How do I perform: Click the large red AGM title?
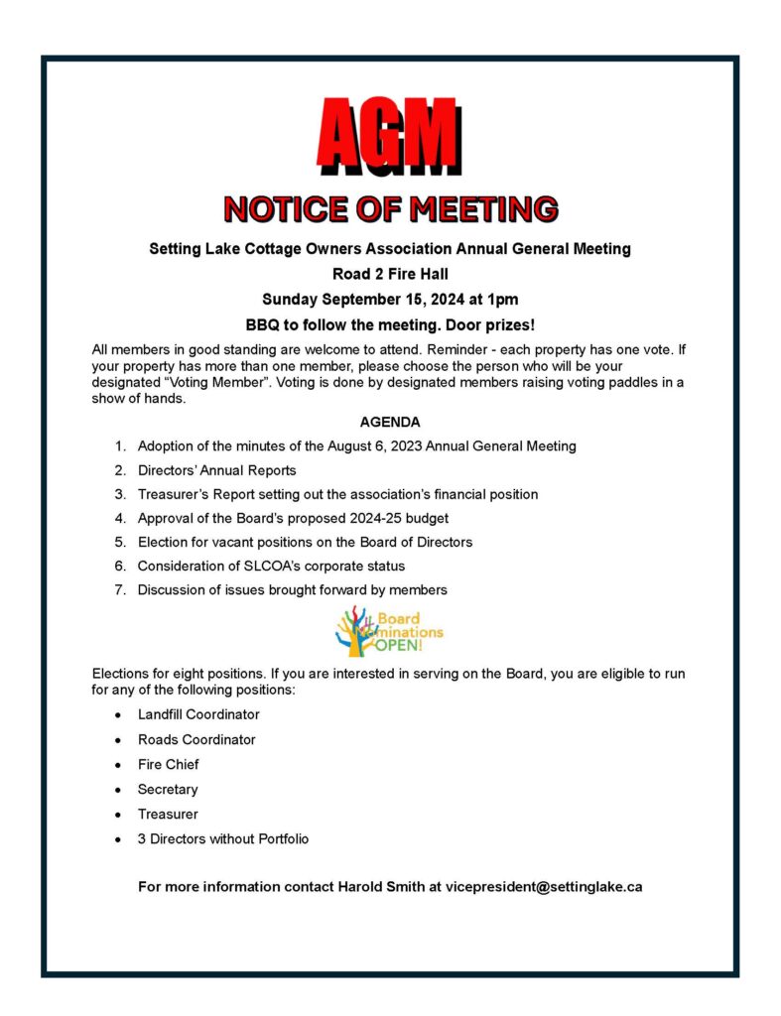pos(389,134)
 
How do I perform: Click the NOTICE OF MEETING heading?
pos(390,209)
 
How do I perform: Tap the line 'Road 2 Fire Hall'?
pos(390,274)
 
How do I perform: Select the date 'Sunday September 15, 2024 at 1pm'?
pos(390,299)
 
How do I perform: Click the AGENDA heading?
pos(390,422)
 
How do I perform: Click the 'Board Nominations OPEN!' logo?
pos(390,632)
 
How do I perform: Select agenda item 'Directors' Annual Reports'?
pos(216,470)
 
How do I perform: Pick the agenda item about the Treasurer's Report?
pos(337,494)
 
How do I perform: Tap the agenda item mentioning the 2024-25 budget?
pos(322,518)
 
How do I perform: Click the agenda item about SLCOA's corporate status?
pos(271,566)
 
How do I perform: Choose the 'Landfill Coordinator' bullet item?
pos(198,714)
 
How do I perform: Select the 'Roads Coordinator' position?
pos(196,739)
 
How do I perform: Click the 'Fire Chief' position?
pos(168,764)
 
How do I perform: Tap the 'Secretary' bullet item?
pos(168,789)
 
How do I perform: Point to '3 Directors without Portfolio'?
pos(223,838)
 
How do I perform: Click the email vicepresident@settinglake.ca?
pos(544,886)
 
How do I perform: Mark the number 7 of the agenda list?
pos(119,590)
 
